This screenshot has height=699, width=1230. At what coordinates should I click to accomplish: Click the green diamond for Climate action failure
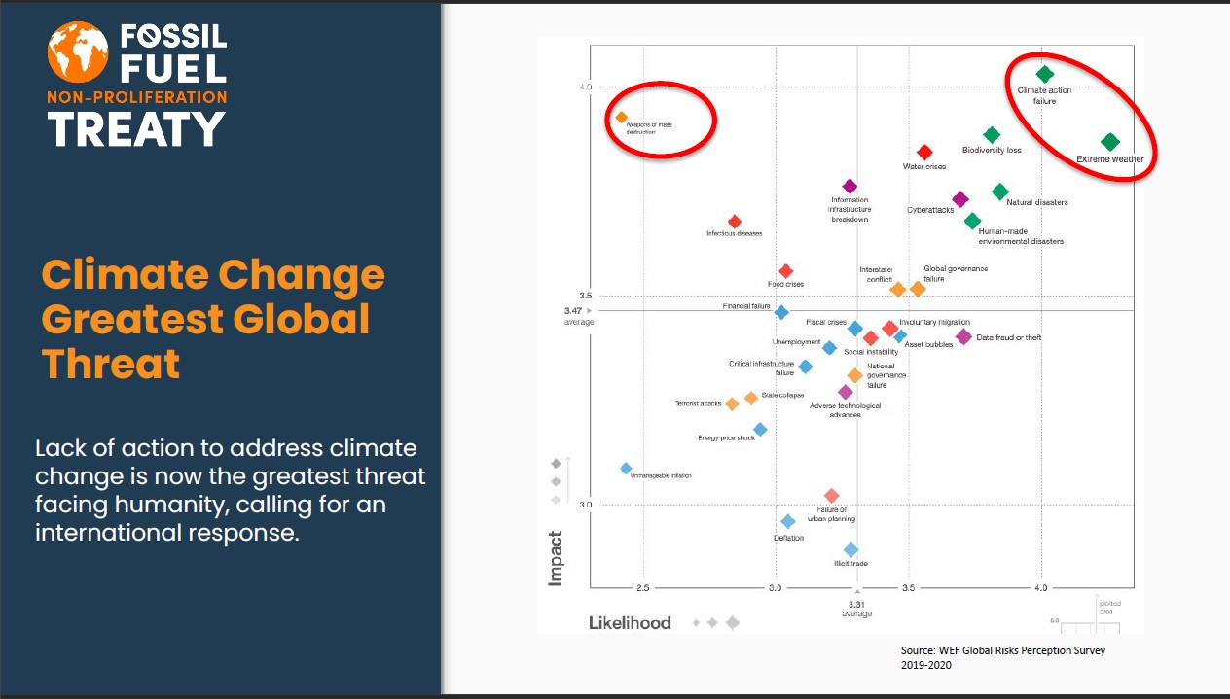click(x=1044, y=74)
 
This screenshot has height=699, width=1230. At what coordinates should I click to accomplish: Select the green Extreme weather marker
click(x=1110, y=143)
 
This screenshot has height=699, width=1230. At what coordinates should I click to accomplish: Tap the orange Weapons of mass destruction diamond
click(x=621, y=118)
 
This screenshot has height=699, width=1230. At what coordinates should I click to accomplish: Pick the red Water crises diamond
click(x=924, y=153)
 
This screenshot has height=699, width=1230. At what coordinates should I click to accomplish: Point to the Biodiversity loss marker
click(x=992, y=135)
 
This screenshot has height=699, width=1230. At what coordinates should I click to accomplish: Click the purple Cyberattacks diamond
click(x=960, y=199)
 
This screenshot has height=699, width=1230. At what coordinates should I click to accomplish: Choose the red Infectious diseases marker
click(x=735, y=222)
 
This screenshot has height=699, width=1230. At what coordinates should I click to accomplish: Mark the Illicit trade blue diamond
click(x=851, y=549)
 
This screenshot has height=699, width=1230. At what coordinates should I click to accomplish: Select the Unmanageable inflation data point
click(x=626, y=469)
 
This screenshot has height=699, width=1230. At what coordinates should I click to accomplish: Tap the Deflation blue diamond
click(x=788, y=522)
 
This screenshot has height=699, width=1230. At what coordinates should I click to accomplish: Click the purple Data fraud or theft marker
click(x=963, y=336)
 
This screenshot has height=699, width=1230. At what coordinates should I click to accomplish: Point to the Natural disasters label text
click(x=1036, y=203)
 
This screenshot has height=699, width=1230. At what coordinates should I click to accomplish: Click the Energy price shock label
click(x=726, y=438)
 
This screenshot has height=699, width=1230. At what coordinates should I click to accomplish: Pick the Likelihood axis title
click(x=630, y=622)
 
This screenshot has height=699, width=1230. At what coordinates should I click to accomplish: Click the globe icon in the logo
click(x=76, y=52)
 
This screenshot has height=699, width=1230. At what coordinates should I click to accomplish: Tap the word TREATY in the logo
click(x=136, y=128)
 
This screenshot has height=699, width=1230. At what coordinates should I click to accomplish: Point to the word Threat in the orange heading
click(x=111, y=364)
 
